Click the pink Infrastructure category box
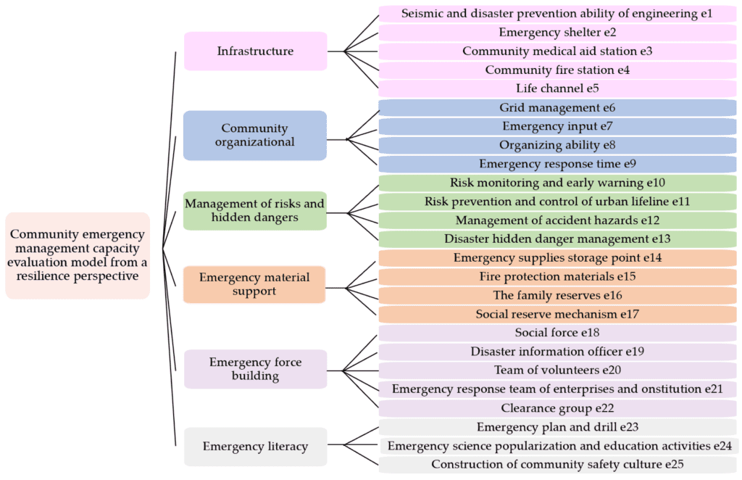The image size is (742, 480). coord(255,51)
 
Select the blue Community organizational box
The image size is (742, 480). coord(255,136)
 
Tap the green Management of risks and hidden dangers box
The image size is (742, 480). coord(254,210)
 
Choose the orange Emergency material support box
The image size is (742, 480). coord(254,284)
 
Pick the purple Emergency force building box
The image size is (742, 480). coord(255,369)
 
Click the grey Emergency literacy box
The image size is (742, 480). coord(255,447)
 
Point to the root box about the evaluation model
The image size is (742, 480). coord(78,255)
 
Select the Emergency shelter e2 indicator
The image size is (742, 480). coord(557,33)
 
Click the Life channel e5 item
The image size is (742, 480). coord(557,89)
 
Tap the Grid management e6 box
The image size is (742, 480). coord(557,108)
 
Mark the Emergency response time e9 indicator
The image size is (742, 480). coord(557,164)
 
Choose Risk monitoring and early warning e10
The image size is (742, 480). coord(557,183)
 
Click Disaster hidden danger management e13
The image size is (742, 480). coord(557,239)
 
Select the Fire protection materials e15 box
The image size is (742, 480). coord(557,276)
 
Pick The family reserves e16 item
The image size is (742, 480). coord(557,295)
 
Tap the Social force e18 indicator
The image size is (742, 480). coord(557,333)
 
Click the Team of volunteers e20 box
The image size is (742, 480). coord(557,371)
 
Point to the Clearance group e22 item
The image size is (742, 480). coord(557,408)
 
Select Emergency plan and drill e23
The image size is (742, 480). coord(557,427)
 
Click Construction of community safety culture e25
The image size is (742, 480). coord(557,464)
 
